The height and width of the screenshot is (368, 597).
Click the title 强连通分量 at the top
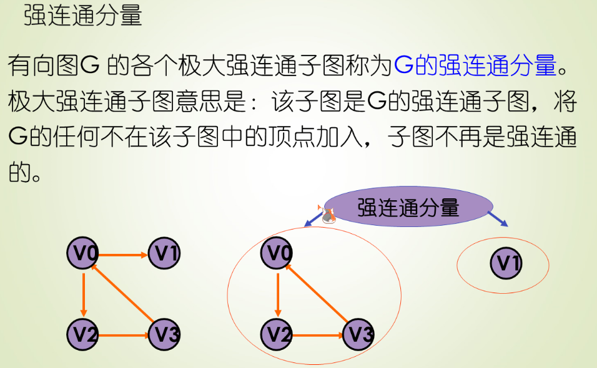click(83, 16)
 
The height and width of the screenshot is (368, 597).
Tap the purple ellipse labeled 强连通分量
click(408, 208)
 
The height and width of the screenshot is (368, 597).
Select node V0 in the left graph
click(83, 254)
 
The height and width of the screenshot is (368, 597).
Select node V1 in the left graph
click(164, 254)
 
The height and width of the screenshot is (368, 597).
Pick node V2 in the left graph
click(83, 335)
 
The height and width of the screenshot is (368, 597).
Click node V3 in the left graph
click(164, 335)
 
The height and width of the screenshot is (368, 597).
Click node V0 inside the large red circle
click(278, 253)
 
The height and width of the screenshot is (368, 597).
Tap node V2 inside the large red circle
click(278, 334)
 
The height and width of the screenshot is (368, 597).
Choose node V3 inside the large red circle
click(358, 334)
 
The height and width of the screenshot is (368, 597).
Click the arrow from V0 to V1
click(124, 254)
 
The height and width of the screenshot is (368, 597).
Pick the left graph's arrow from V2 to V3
click(124, 336)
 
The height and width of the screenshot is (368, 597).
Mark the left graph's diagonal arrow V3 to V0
click(124, 294)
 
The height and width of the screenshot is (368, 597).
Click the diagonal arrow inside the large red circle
click(318, 294)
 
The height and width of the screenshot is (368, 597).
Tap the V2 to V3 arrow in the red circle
click(318, 335)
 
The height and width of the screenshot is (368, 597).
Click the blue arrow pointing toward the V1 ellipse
click(498, 219)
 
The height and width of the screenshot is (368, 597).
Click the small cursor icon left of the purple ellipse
click(327, 215)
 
